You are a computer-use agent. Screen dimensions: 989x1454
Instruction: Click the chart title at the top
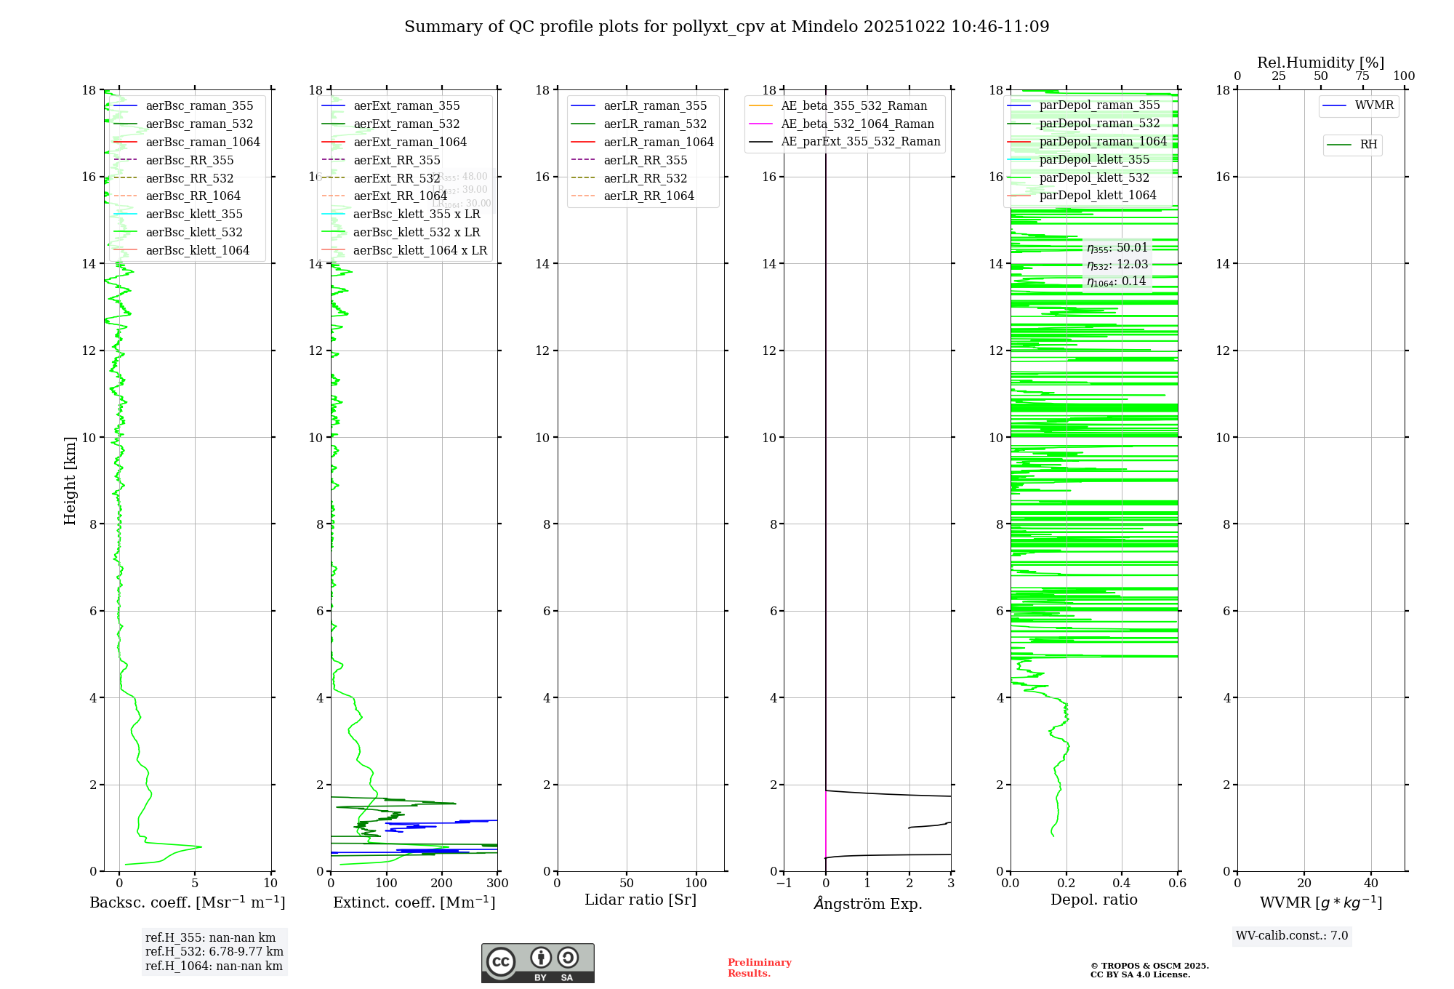tap(726, 27)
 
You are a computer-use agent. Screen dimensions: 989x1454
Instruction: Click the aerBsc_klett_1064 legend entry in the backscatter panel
tap(197, 250)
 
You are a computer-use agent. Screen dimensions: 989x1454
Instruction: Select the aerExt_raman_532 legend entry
tap(406, 124)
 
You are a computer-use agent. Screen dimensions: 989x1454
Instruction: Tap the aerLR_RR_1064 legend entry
tap(648, 196)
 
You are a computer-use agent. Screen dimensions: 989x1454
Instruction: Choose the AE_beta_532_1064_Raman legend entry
tap(857, 124)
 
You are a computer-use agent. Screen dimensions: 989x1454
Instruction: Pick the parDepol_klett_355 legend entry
tap(1094, 159)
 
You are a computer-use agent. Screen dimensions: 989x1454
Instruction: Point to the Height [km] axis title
tap(70, 481)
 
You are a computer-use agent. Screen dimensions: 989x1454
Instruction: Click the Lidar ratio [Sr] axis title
tap(640, 900)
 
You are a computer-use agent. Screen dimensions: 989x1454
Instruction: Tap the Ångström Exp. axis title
tap(867, 903)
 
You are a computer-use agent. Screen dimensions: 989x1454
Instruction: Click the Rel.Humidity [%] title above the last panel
tap(1320, 63)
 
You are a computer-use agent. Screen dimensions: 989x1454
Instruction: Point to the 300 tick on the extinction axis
tap(497, 884)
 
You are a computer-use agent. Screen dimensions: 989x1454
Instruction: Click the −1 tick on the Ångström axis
tap(784, 884)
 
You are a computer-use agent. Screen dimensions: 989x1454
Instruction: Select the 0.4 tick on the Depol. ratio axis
tap(1122, 884)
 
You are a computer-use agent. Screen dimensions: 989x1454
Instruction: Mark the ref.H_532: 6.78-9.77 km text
tap(214, 951)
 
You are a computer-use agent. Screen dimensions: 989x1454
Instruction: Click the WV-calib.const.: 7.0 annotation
tap(1292, 936)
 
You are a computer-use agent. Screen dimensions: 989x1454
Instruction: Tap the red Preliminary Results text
tap(759, 968)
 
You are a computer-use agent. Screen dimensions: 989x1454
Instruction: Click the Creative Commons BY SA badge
tap(537, 964)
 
